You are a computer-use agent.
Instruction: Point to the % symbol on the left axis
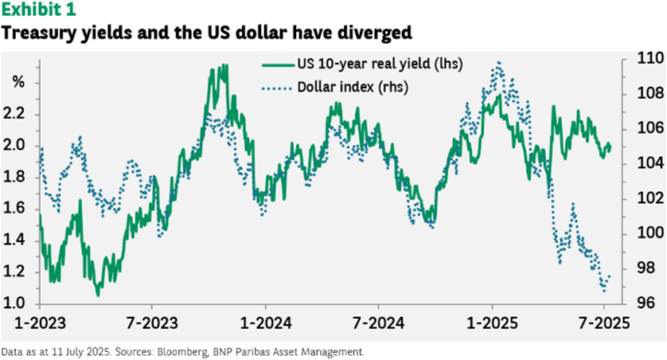(x=18, y=83)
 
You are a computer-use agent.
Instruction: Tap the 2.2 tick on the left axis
(x=18, y=115)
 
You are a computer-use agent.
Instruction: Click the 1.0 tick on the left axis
(x=18, y=303)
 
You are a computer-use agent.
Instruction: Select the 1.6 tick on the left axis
(x=18, y=209)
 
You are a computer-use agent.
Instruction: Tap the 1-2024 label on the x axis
(x=265, y=325)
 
